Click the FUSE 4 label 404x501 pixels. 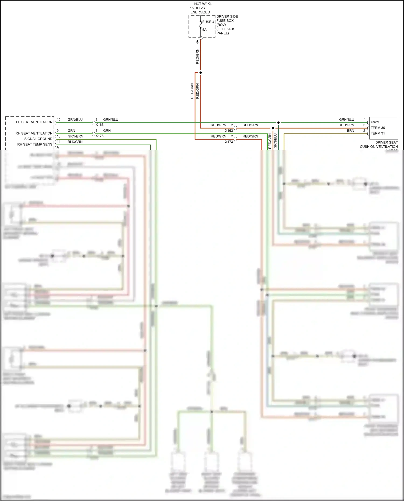[208, 22]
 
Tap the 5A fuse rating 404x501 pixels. [204, 30]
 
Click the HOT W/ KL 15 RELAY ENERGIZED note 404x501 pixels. [201, 8]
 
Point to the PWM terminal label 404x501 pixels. [375, 122]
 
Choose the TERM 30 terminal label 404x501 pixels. [378, 128]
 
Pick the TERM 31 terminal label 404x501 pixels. [378, 133]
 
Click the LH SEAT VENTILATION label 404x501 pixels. [34, 122]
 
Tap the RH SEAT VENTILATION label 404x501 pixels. [34, 133]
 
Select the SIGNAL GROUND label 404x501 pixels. [38, 139]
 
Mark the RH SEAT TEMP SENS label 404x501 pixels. [35, 144]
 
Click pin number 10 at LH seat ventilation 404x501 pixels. [58, 120]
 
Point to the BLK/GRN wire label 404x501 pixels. [75, 142]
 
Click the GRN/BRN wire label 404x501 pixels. [75, 136]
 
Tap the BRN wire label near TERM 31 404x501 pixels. [350, 131]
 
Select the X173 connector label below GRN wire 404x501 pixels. [99, 136]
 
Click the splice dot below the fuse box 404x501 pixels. [200, 73]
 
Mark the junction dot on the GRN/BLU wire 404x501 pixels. [278, 122]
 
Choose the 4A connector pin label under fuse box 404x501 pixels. [197, 42]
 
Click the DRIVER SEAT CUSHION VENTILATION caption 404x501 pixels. [378, 145]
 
